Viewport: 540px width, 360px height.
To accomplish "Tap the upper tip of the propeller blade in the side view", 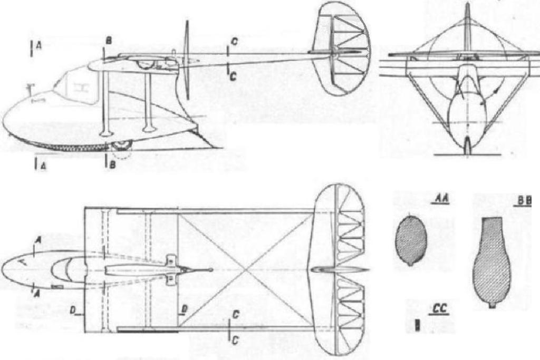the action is (188, 21).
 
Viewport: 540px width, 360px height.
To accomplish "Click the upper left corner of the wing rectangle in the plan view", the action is (85, 207).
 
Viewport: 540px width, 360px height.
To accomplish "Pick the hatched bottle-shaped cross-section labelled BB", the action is (491, 262).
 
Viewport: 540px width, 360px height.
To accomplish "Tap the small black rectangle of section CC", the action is (417, 325).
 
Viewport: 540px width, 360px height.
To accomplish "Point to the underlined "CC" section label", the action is (440, 309).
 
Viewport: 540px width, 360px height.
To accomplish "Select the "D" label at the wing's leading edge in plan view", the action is (73, 310).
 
